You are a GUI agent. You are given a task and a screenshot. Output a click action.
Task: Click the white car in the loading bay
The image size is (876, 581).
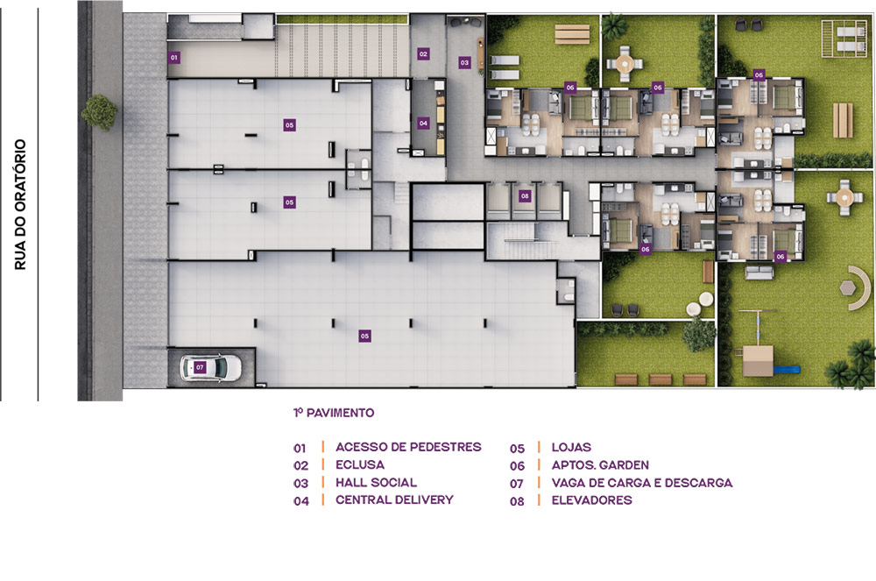pos(210,367)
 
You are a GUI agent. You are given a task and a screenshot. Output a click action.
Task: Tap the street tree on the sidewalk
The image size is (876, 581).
pos(100,112)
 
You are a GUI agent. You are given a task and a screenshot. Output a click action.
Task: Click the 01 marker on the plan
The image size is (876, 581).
pos(173,57)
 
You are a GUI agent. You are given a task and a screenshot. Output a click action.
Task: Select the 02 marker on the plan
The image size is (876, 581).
pos(423,54)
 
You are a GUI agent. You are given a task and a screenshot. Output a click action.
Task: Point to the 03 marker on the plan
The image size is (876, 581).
pos(464,62)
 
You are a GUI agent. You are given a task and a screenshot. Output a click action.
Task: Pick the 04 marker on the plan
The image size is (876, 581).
pos(423,123)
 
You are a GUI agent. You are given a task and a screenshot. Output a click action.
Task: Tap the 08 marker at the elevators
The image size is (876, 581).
pos(525,196)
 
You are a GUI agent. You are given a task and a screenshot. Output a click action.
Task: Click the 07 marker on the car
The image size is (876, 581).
pos(200,367)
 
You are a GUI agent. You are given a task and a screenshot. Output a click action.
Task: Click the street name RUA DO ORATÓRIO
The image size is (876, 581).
pos(21,204)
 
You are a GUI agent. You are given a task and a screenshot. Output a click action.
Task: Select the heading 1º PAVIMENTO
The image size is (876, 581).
pos(334,413)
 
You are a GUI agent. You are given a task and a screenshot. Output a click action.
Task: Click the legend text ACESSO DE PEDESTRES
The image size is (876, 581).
pos(408,447)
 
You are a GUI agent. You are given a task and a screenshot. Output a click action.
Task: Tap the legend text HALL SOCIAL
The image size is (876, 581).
pos(376,483)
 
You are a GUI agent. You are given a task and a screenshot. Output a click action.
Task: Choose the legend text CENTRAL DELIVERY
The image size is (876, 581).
pos(394,500)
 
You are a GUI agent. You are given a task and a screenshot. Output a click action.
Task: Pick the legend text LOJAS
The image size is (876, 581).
pos(571,448)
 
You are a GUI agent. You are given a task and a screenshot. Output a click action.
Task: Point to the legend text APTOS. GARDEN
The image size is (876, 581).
pos(600,465)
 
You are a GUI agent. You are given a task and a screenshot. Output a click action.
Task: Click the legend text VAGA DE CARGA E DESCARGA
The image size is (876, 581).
pos(642,483)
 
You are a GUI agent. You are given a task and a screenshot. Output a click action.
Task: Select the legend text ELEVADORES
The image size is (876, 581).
pos(591,500)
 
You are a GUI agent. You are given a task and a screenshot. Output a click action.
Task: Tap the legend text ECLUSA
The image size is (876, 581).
pos(360,464)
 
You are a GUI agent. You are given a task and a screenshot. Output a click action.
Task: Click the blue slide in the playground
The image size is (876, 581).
pos(787,369)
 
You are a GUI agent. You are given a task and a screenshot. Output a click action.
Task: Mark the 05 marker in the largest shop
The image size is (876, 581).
pos(364,336)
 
